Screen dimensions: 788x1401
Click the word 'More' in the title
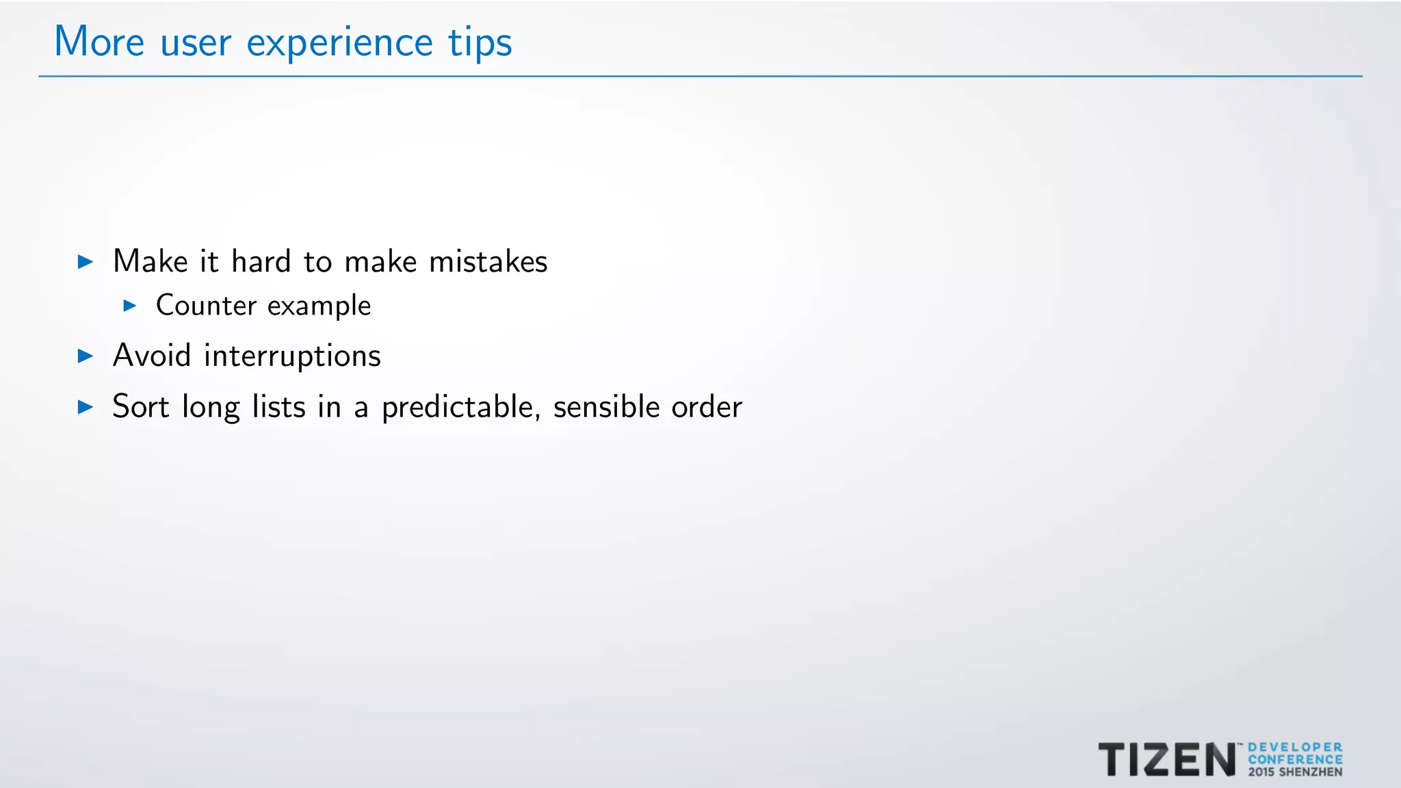99,42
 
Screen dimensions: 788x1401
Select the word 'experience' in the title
339,44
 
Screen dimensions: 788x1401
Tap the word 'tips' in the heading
480,44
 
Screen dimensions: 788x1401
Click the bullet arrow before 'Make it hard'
86,261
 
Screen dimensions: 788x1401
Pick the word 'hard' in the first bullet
261,261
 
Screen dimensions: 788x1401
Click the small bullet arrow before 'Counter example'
130,305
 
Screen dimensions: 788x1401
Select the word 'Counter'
206,305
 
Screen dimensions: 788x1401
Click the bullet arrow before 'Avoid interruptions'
86,356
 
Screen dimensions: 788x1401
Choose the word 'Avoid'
151,356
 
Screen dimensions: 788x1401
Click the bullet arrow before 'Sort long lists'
86,407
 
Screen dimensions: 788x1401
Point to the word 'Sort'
140,406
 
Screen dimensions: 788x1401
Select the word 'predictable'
457,408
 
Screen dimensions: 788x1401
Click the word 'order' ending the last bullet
706,407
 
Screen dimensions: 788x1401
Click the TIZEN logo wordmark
1166,759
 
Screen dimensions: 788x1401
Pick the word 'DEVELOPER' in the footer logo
1295,747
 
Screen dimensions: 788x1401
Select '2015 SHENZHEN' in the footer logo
1295,772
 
